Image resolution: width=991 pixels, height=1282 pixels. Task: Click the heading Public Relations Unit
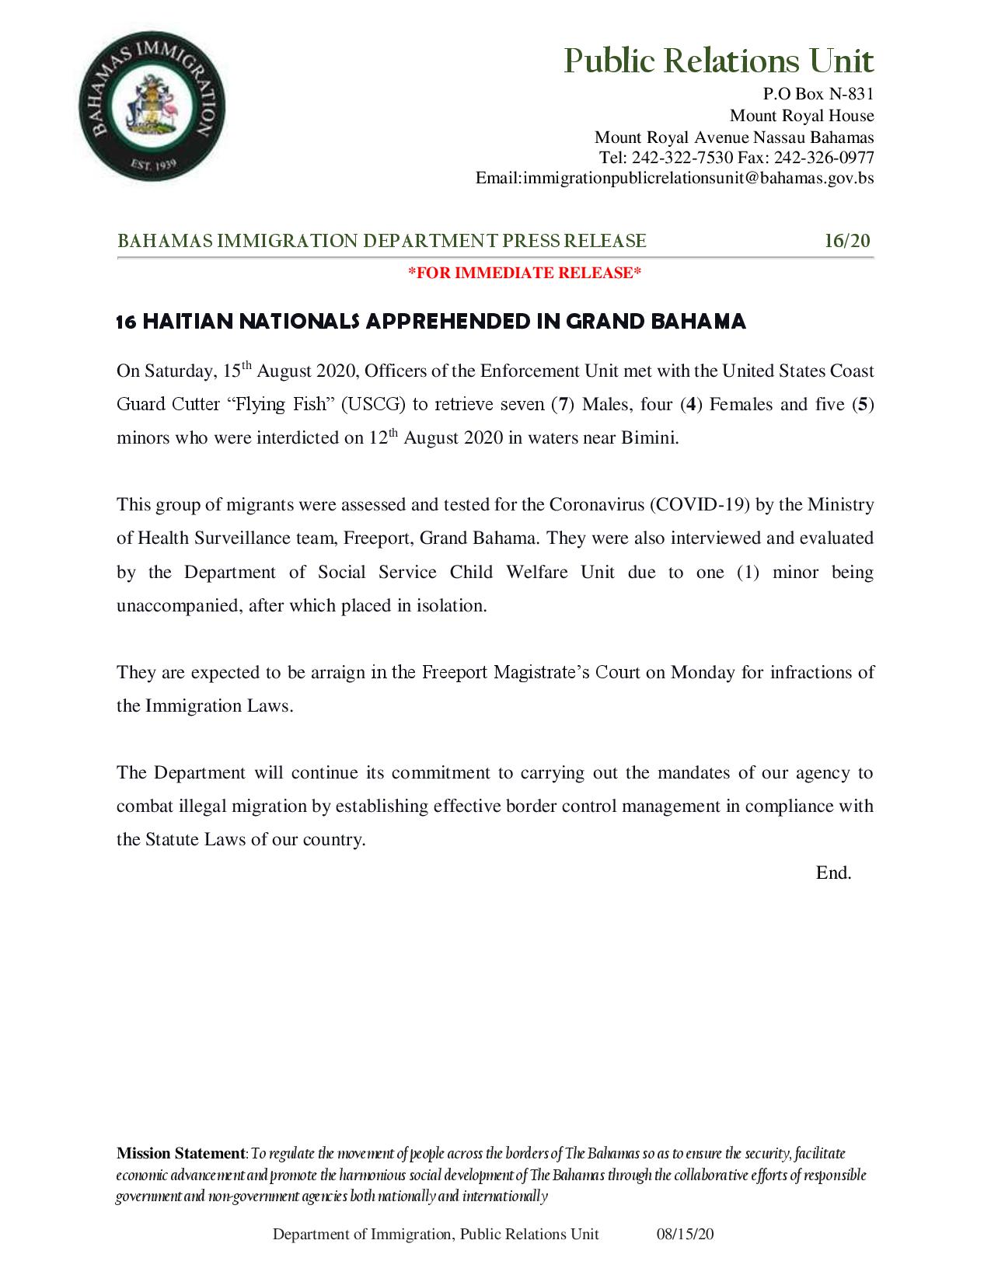pos(718,61)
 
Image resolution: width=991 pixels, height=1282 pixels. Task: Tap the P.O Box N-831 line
pos(818,95)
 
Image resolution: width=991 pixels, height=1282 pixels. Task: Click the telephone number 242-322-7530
pos(682,158)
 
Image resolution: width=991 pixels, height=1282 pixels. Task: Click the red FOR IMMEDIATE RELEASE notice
pos(525,273)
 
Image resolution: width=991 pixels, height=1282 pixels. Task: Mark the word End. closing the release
pos(833,873)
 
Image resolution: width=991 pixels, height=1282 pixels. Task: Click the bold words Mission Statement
pos(180,1153)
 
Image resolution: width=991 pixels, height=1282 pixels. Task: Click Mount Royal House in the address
pos(801,117)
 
